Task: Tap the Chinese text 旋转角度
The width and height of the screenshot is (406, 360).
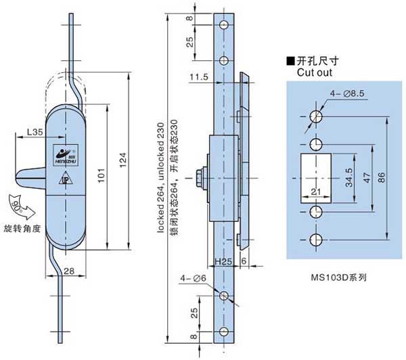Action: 22,228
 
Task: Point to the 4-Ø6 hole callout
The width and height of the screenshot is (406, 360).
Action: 191,279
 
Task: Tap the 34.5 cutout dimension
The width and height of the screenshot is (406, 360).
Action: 347,179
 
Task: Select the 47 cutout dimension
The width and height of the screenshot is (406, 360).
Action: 365,179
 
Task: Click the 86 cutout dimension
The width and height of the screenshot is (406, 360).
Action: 383,179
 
